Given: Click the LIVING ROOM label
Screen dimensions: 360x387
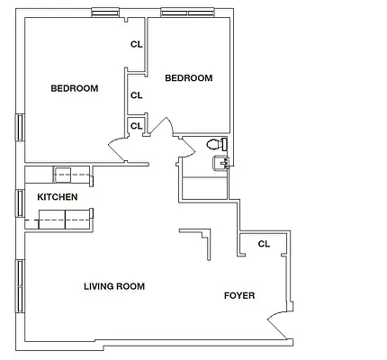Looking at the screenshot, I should point(114,286).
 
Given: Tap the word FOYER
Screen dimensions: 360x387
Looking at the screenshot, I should point(239,295).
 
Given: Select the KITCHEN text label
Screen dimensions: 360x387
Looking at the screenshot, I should point(57,197).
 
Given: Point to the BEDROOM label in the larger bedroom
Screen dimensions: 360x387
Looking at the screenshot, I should point(74,88).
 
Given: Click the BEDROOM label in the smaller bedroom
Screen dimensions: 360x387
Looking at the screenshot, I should point(189,78).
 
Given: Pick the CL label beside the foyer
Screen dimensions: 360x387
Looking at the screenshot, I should point(264,244).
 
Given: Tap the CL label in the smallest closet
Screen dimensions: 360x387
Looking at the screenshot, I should point(136,126).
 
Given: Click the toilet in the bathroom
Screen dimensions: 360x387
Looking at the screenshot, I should point(218,144).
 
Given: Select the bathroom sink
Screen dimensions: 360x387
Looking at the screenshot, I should point(220,162).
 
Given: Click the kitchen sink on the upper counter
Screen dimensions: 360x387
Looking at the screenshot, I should point(63,175).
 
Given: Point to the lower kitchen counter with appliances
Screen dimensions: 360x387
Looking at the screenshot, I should point(64,217).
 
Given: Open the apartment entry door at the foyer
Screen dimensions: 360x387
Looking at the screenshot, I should point(280,324).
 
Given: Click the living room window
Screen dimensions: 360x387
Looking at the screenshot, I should point(18,287).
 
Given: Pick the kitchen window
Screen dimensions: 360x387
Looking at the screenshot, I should point(18,202).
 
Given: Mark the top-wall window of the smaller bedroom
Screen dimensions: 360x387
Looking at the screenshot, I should point(186,13).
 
